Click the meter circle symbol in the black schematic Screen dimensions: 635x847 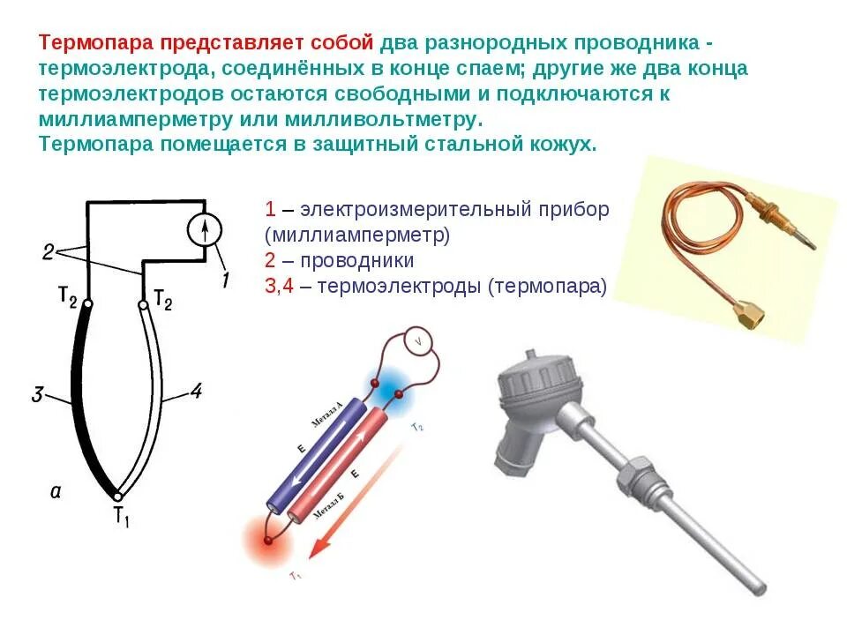(206, 231)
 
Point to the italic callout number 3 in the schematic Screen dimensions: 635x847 (37, 395)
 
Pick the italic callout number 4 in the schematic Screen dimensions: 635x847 (196, 391)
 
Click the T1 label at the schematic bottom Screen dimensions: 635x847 (121, 517)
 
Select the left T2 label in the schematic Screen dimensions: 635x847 (68, 297)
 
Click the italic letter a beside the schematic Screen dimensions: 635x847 (55, 492)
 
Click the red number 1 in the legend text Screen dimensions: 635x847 (270, 210)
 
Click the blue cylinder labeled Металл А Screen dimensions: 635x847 (324, 450)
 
